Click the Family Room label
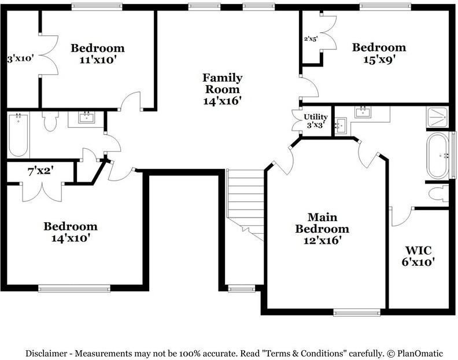[223, 89]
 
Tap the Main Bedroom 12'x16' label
[322, 229]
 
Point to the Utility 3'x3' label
[316, 121]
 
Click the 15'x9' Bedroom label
[379, 53]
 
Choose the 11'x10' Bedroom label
[98, 54]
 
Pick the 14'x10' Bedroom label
[71, 232]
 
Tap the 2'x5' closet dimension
[311, 39]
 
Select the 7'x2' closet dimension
[40, 171]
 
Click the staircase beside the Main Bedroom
[245, 205]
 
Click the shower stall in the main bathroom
[437, 117]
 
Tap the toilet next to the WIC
[438, 193]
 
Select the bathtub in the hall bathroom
[18, 135]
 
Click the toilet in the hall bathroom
[50, 121]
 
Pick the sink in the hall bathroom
[87, 117]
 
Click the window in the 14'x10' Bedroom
[74, 289]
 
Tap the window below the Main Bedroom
[357, 313]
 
